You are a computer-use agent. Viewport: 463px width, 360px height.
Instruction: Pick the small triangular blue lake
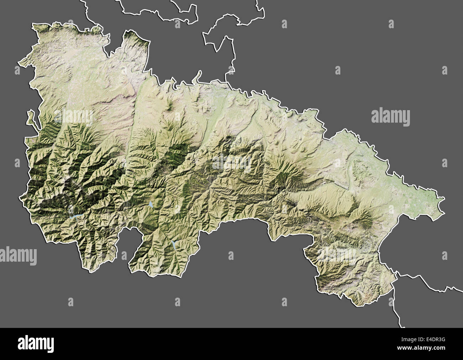(151, 205)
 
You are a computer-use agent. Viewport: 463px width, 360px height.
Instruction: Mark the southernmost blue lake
(174, 244)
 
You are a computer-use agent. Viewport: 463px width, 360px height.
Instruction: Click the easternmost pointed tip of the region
(444, 198)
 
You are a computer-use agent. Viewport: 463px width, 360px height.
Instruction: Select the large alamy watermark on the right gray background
(390, 117)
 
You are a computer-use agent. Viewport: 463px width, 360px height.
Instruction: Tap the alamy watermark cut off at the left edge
(18, 256)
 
